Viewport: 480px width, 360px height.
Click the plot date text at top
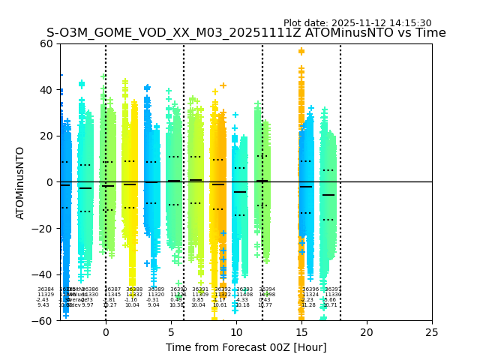(x=357, y=23)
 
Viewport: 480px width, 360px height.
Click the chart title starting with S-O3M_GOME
(x=246, y=33)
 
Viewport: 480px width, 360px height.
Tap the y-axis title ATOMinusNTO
(x=20, y=182)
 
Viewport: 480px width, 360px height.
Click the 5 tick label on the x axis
(x=171, y=332)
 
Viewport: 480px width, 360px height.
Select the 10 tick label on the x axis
(x=236, y=332)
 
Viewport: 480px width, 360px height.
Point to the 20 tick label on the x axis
(x=367, y=332)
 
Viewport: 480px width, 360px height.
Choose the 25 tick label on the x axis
(x=432, y=332)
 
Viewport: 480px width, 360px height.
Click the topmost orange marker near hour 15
(x=301, y=52)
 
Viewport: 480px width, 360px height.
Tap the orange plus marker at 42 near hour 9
(x=223, y=85)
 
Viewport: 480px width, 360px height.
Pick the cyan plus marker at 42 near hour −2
(x=82, y=84)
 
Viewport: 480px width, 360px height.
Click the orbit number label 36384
(x=46, y=289)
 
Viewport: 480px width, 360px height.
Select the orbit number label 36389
(x=156, y=289)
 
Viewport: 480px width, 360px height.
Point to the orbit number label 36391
(x=200, y=289)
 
